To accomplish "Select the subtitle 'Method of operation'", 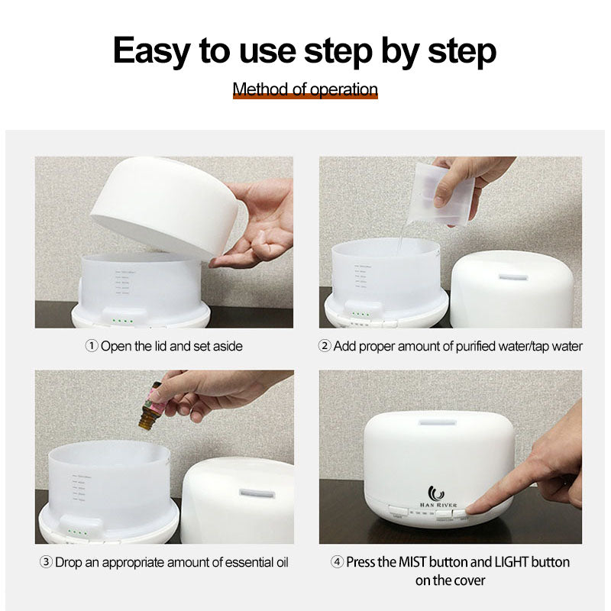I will click(x=305, y=89).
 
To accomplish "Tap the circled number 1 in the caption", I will click(x=91, y=346).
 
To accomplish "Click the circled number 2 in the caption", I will click(x=325, y=346).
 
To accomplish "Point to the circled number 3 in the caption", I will click(x=46, y=563).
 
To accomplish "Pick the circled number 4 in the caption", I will click(x=338, y=562).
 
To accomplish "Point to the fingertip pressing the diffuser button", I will click(x=473, y=508).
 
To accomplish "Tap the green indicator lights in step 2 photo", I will click(x=361, y=313).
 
